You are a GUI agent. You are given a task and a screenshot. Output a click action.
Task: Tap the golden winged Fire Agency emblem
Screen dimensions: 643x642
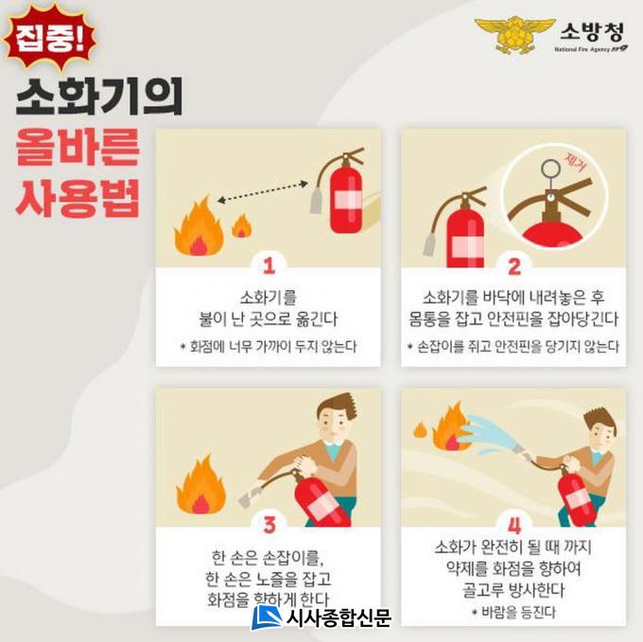(x=515, y=35)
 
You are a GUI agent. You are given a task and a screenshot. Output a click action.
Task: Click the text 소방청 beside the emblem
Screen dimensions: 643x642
(x=592, y=31)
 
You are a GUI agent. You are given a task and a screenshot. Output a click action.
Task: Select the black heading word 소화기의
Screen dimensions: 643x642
(x=99, y=96)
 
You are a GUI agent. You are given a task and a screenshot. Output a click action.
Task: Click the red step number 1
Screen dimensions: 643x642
(x=269, y=267)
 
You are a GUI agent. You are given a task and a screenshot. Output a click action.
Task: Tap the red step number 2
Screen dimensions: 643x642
(x=514, y=267)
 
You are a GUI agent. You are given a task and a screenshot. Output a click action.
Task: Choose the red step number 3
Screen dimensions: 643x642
(x=269, y=525)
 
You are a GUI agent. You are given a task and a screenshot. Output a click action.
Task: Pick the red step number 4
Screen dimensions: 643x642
(x=514, y=525)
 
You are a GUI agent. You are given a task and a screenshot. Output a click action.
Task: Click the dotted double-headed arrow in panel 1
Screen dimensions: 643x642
(x=263, y=192)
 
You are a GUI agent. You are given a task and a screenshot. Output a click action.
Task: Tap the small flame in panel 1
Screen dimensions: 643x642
(x=241, y=226)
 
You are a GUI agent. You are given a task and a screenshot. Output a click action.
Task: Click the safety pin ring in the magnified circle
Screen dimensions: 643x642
(x=550, y=168)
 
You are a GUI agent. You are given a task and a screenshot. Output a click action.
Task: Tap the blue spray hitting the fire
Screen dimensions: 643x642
(x=492, y=435)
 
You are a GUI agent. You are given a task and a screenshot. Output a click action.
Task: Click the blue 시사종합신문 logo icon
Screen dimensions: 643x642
(x=267, y=617)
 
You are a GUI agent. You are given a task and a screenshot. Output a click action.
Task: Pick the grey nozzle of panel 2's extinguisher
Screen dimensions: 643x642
(x=429, y=244)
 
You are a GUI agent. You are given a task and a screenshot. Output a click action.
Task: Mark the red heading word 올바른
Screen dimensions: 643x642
(x=78, y=147)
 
